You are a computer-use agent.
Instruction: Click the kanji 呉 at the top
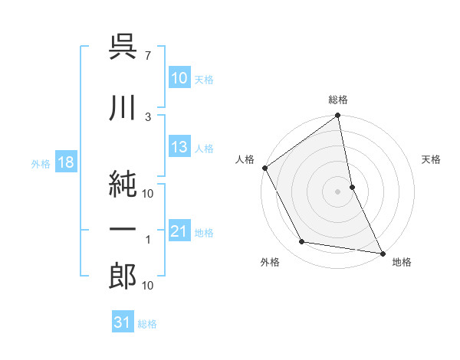(x=123, y=49)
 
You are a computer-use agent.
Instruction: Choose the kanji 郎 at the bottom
(x=123, y=275)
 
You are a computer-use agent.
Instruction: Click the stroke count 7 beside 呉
(x=148, y=55)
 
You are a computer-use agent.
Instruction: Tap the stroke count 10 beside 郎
(x=148, y=285)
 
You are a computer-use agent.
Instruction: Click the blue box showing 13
(x=179, y=147)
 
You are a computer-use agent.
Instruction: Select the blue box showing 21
(x=179, y=231)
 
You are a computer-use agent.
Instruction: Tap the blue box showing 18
(x=65, y=162)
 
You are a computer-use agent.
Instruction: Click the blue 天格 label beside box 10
(x=204, y=79)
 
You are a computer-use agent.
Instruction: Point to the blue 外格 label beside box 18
(x=41, y=163)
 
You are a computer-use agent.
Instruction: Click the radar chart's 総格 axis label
(x=337, y=100)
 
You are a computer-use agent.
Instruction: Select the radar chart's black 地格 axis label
(x=402, y=262)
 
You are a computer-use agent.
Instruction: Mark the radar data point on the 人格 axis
(x=264, y=168)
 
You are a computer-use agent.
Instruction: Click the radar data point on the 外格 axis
(x=302, y=242)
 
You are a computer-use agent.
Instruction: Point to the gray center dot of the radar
(x=337, y=191)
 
